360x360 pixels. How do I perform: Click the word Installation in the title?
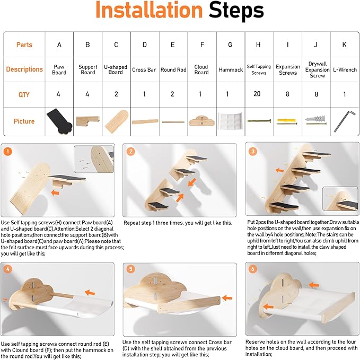149,10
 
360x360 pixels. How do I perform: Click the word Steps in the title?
236,11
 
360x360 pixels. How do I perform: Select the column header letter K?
345,45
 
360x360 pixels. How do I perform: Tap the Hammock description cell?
231,69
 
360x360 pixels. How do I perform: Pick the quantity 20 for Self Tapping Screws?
257,94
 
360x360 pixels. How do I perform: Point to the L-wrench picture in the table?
341,121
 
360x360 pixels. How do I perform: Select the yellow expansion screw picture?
287,121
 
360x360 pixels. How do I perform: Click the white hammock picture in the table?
230,121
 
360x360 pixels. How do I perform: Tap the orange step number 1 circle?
8,152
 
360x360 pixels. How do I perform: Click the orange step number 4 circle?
8,269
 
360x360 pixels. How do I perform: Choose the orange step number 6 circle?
253,269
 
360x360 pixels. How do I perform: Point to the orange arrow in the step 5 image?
227,298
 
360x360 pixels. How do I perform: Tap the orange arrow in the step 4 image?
90,293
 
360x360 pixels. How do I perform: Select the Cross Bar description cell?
144,69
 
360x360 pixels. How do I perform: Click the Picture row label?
24,121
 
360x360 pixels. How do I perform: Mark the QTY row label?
24,94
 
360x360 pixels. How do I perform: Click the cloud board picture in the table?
202,121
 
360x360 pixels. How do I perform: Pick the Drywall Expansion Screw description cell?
317,69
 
